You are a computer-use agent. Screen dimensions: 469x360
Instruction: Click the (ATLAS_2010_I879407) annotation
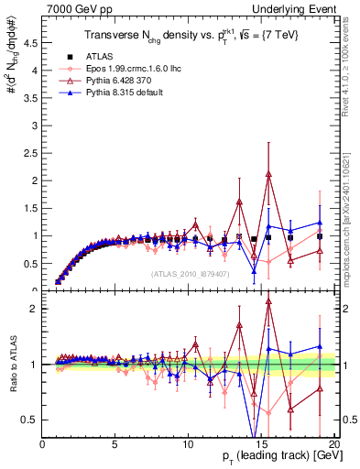pyautogui.click(x=190, y=272)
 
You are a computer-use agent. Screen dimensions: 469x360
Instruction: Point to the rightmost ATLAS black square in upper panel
pyautogui.click(x=320, y=236)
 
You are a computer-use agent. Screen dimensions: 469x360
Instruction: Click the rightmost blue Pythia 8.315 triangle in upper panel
pyautogui.click(x=320, y=223)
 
